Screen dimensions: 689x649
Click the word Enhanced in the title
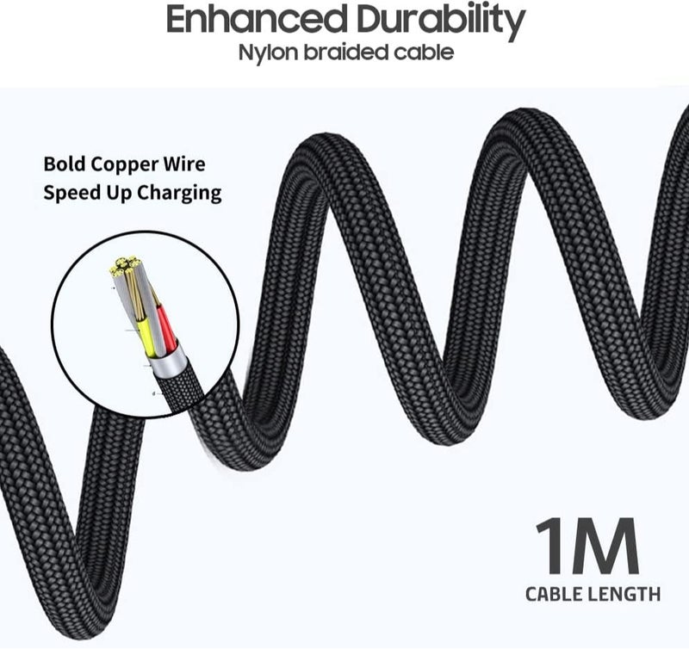pyautogui.click(x=255, y=20)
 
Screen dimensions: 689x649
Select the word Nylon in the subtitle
pyautogui.click(x=268, y=53)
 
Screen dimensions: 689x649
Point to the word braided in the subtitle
pyautogui.click(x=347, y=53)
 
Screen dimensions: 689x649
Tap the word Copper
pyautogui.click(x=125, y=165)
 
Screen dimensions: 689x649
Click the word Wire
pyautogui.click(x=184, y=164)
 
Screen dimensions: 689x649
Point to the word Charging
pyautogui.click(x=179, y=194)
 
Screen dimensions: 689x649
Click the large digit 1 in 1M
pyautogui.click(x=549, y=546)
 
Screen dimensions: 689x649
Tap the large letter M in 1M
pyautogui.click(x=605, y=546)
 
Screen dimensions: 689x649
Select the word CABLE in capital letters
pyautogui.click(x=554, y=595)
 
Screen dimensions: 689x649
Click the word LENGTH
pyautogui.click(x=624, y=595)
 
